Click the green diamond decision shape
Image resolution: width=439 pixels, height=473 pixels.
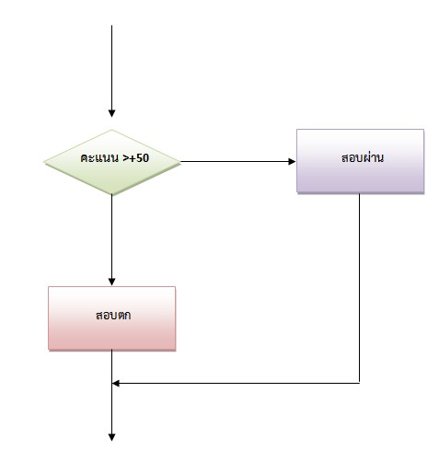112,162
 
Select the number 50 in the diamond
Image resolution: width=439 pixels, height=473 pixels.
143,158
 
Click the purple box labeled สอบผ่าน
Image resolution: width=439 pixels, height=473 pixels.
360,161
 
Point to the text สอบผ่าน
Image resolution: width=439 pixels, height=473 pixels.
363,157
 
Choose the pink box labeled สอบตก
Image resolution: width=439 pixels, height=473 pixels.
112,318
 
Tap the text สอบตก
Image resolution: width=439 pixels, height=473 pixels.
113,315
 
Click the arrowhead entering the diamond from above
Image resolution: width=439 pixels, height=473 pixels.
112,113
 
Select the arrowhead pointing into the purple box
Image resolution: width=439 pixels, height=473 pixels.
292,161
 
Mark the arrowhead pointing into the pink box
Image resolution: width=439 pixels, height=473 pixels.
112,282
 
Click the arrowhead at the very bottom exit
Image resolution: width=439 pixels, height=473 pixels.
112,437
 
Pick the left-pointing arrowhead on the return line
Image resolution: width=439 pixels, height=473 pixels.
116,383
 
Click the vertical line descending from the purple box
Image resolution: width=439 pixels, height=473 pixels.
360,288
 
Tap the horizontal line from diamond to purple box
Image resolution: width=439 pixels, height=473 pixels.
238,161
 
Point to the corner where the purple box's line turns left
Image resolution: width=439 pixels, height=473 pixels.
360,383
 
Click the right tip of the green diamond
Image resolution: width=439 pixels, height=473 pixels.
180,162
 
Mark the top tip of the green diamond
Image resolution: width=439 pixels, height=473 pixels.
112,130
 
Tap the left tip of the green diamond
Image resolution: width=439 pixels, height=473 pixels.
44,162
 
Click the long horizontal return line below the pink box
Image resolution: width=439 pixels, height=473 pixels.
236,383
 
